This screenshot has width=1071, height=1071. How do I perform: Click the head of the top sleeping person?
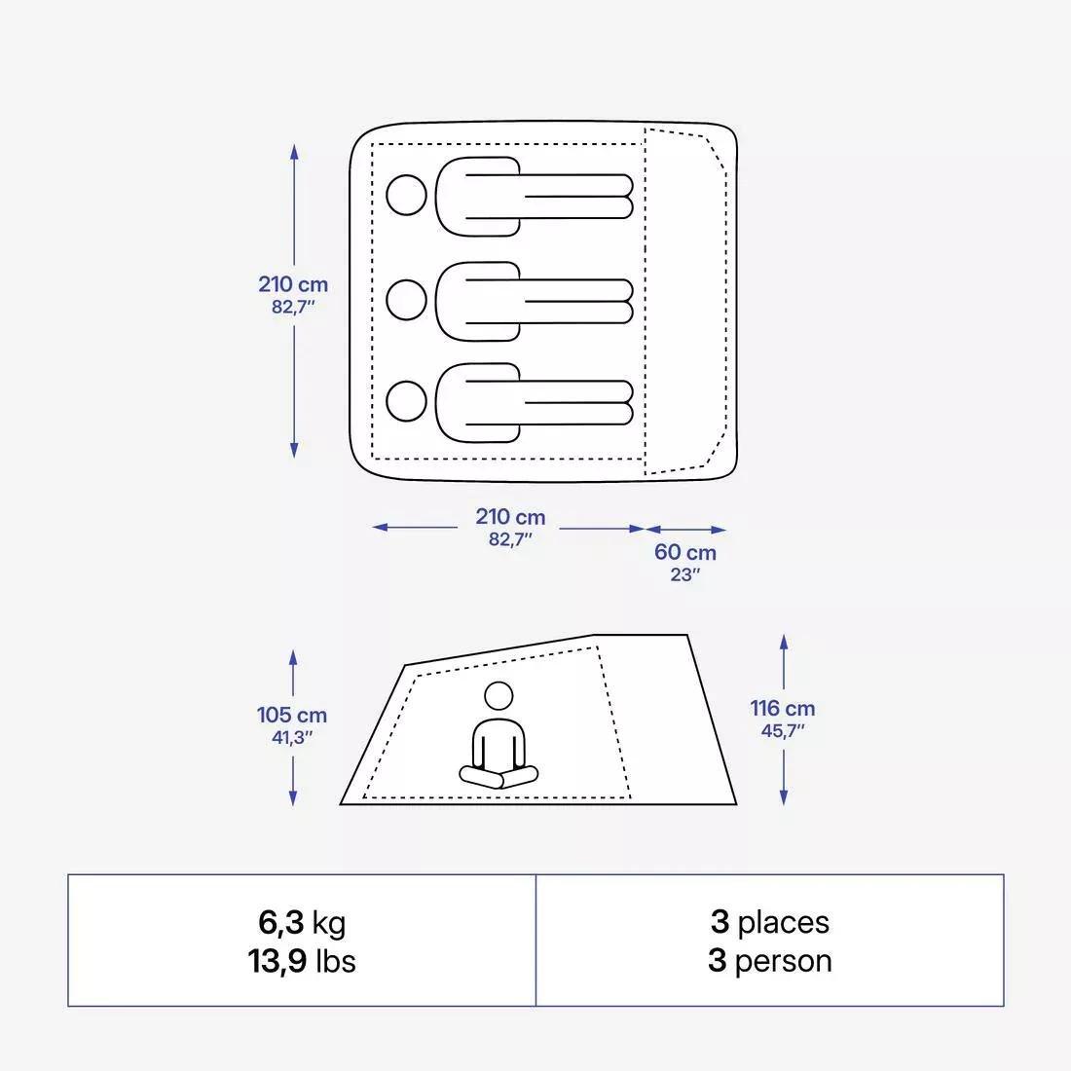click(x=406, y=196)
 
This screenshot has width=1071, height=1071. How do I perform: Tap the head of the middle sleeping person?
click(x=406, y=300)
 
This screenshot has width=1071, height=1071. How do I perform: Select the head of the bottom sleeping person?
click(x=406, y=400)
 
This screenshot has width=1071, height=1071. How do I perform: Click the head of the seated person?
click(x=499, y=696)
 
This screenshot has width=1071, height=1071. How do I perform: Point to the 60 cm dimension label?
click(x=684, y=552)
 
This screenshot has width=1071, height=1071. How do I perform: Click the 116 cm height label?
click(x=782, y=709)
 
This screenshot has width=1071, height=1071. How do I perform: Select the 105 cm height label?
click(x=292, y=715)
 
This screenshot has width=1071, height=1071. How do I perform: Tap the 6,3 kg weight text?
click(x=301, y=921)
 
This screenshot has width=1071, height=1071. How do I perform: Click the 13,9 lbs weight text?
click(x=301, y=961)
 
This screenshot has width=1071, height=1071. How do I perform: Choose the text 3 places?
click(x=769, y=921)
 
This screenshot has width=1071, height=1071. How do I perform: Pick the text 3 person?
click(x=769, y=961)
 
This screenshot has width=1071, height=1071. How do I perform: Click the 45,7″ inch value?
click(x=782, y=731)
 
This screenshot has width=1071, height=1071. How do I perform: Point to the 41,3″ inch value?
click(x=292, y=737)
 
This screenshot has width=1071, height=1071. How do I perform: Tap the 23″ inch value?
click(x=684, y=574)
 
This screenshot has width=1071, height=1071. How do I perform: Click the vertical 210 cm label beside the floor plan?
click(x=293, y=284)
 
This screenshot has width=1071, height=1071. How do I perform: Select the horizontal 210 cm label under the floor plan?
click(x=510, y=517)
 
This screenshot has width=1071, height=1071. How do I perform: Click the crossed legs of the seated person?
click(x=499, y=776)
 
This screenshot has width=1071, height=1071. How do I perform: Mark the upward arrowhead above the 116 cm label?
click(x=784, y=643)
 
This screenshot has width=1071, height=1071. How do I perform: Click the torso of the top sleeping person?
click(x=477, y=196)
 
